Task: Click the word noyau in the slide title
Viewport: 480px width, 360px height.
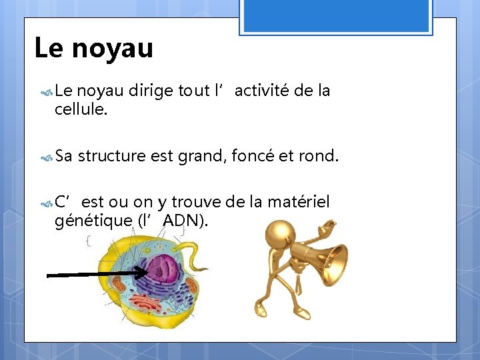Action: tap(114, 48)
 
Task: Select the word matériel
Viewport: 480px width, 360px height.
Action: tap(298, 202)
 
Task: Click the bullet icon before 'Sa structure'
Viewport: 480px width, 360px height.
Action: tap(46, 158)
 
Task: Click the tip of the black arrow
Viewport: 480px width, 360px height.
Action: tap(147, 271)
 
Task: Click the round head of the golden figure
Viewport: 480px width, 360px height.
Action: tap(279, 234)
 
